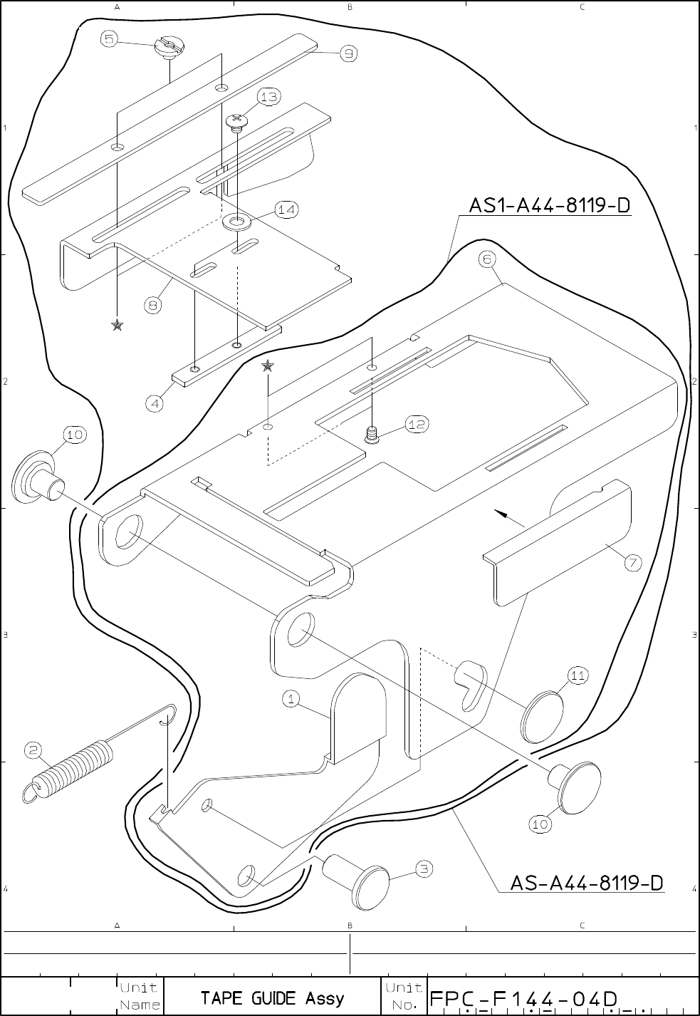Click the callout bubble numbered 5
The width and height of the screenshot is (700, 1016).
tap(109, 39)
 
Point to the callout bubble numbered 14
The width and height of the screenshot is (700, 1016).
tap(286, 209)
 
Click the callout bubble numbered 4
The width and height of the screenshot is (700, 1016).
tap(155, 403)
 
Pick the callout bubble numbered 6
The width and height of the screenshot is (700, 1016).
tap(487, 259)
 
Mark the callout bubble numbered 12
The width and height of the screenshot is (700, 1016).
tap(417, 424)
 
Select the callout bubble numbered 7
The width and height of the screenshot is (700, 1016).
tap(632, 563)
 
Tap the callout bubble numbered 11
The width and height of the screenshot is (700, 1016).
tap(578, 675)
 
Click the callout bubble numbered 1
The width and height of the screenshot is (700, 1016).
tap(291, 699)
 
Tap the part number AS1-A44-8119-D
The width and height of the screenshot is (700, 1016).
tap(550, 206)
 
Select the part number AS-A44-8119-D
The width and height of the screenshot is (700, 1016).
tap(587, 883)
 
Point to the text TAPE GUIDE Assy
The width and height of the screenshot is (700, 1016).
tap(273, 997)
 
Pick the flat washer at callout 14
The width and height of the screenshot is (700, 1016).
tap(236, 222)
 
